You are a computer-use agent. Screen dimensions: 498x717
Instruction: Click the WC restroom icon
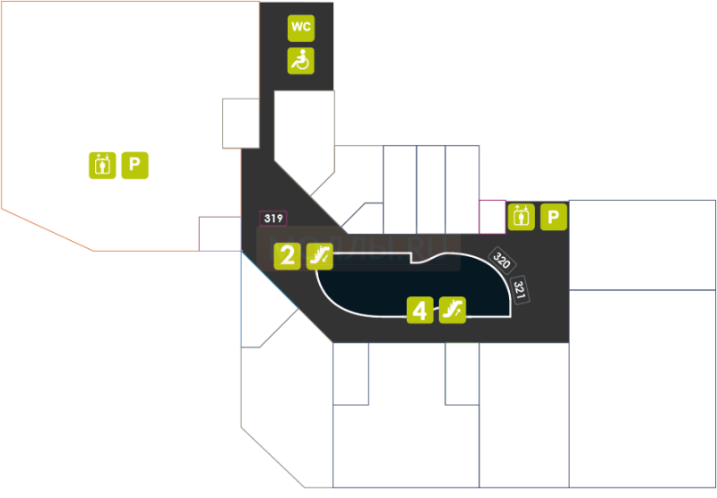300,28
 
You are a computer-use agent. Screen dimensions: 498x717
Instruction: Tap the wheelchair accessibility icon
300,61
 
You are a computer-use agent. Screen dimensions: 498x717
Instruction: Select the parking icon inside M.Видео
135,165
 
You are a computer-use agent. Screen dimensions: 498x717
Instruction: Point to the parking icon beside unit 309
555,217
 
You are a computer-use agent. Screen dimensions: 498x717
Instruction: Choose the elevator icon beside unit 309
521,217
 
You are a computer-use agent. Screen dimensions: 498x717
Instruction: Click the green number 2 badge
287,256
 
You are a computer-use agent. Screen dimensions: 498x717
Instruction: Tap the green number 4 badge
419,310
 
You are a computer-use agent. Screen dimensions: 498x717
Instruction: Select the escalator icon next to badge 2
320,256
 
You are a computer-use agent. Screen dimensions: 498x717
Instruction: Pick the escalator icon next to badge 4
453,310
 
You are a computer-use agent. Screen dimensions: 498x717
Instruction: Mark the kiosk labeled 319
273,219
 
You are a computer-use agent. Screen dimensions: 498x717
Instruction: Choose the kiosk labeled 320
501,262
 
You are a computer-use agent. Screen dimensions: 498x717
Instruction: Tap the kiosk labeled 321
519,288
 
